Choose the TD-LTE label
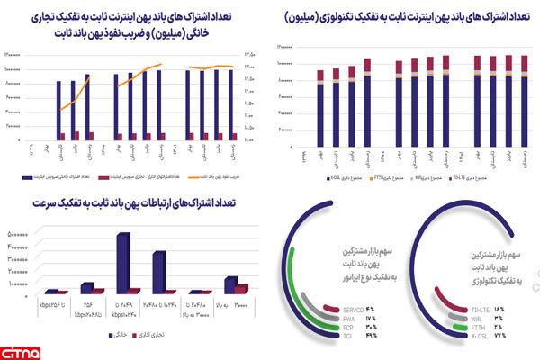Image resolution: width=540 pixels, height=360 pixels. click(x=480, y=310)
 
